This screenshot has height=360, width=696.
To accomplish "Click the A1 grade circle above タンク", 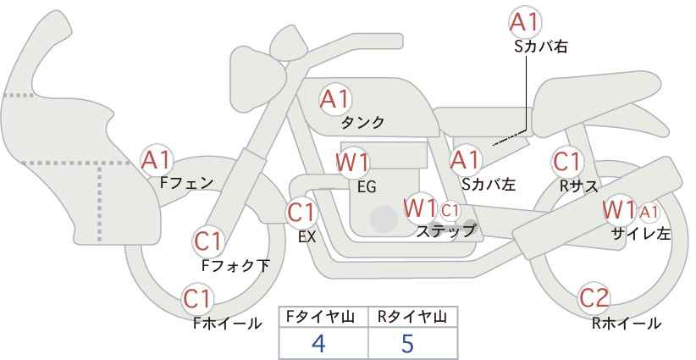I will [334, 99].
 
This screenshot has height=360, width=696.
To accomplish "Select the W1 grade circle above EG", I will [352, 162].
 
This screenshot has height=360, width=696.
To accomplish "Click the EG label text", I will [367, 186].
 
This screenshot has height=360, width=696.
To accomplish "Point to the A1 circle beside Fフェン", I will [157, 158].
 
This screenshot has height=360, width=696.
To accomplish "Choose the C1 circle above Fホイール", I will [198, 299].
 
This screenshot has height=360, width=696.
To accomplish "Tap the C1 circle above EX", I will [301, 212].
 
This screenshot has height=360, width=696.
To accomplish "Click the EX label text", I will [307, 237].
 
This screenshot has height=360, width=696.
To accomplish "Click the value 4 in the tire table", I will [319, 343].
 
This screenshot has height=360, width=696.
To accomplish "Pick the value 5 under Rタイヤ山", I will [408, 343].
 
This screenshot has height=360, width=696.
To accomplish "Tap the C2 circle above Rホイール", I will [594, 298].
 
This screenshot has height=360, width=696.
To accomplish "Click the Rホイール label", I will [627, 323].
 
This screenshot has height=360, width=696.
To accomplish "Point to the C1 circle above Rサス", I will [566, 161].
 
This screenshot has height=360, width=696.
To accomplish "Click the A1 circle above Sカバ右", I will [526, 22].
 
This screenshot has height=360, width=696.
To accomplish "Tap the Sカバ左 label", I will [489, 184].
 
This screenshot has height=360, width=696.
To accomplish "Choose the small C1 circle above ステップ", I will [450, 209].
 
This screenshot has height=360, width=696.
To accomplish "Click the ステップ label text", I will [446, 230].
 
